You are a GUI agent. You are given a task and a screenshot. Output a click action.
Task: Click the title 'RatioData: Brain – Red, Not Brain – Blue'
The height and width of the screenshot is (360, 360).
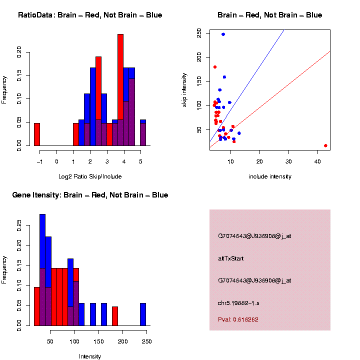tap(90, 15)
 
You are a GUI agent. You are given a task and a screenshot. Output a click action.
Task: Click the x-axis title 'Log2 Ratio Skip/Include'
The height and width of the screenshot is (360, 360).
tap(90, 176)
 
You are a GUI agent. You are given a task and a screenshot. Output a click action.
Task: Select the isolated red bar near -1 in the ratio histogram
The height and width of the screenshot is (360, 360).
tap(37, 134)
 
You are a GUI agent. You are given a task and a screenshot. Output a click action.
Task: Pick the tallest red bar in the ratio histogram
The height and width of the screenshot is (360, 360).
tap(120, 90)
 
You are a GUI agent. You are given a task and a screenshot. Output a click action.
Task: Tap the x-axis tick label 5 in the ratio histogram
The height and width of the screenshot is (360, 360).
tap(140, 161)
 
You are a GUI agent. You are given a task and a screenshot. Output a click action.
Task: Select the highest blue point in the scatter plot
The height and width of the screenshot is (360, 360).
tap(223, 34)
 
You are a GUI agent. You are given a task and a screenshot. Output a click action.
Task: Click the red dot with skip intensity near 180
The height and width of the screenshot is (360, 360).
tap(215, 67)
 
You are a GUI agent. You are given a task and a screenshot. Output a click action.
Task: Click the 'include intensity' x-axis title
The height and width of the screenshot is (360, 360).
tap(269, 176)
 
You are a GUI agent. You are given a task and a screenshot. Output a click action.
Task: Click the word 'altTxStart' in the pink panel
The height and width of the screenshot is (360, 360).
tap(231, 258)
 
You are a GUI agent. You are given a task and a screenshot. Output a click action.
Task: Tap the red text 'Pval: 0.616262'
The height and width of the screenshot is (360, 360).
tap(238, 319)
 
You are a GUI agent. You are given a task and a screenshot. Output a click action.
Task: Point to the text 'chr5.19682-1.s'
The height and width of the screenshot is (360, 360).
tap(238, 302)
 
